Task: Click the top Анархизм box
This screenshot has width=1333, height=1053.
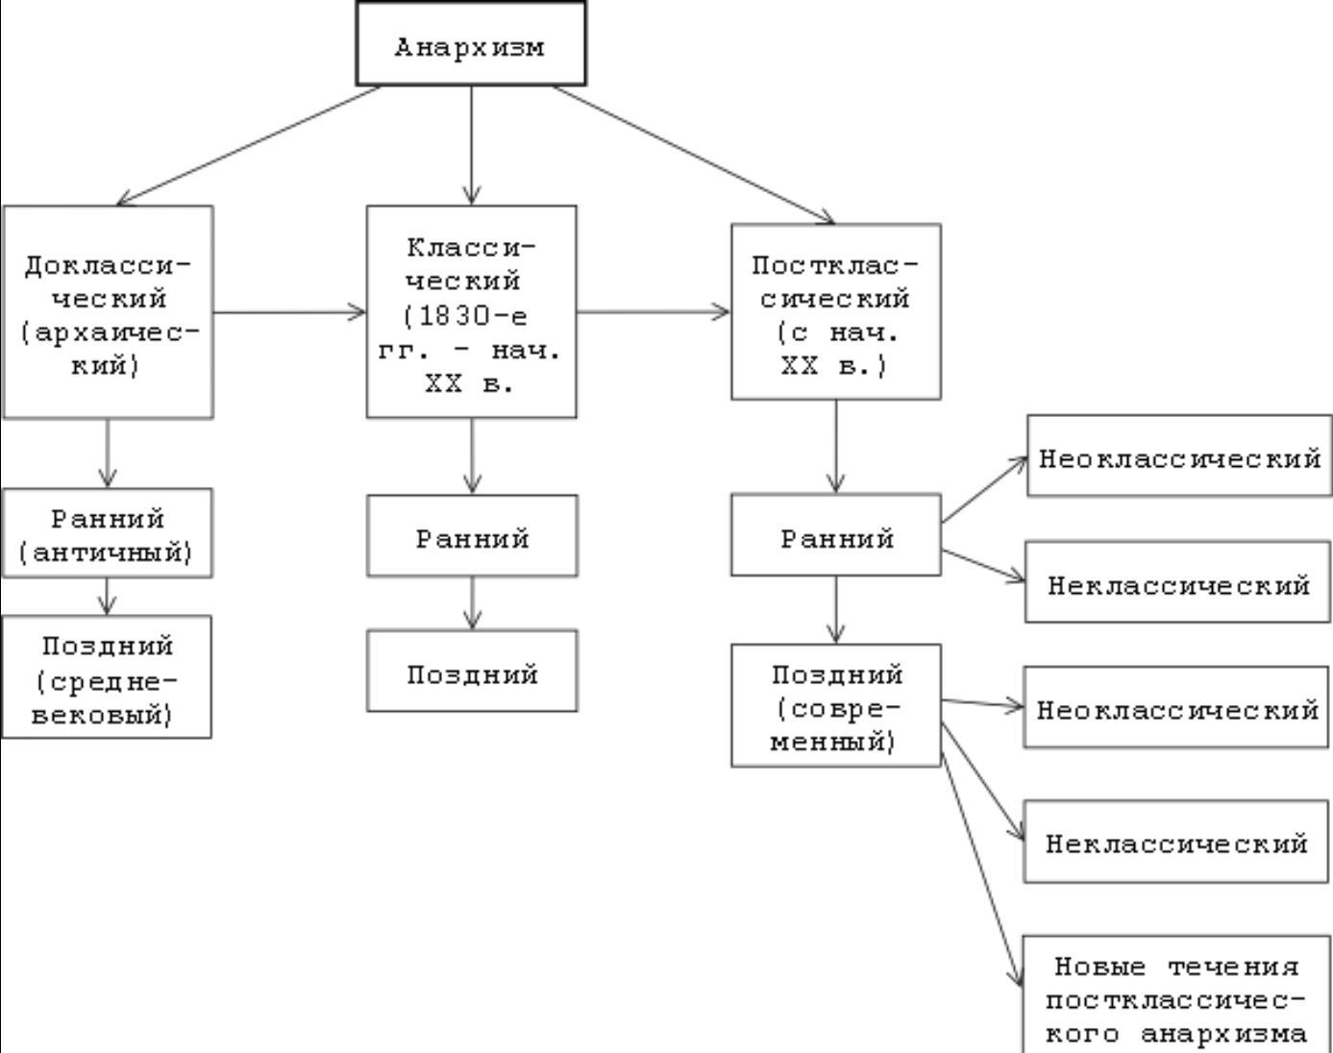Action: coord(471,44)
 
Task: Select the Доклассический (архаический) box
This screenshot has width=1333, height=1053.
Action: coord(108,312)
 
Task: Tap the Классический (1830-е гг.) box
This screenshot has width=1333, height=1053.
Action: coord(471,312)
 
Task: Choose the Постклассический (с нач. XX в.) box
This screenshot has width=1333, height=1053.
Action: coord(835,312)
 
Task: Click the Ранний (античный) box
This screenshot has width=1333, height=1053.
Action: coord(107,533)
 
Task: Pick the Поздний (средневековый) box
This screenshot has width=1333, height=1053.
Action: coord(107,677)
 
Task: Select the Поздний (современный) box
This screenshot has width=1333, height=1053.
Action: coord(835,706)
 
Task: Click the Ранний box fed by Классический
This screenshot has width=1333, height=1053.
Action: coord(471,536)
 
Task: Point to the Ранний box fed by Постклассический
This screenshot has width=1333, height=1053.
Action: coord(835,536)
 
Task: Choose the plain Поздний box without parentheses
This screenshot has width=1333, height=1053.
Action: coord(471,672)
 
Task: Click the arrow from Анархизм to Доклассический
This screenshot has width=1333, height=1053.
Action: coord(248,145)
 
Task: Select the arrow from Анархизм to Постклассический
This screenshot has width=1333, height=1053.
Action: coord(694,155)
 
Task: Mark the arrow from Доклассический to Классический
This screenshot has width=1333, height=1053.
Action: coord(289,311)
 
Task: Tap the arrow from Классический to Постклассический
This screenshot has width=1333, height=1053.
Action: coord(654,311)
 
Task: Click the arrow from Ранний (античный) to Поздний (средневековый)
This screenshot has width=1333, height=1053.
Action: coord(107,596)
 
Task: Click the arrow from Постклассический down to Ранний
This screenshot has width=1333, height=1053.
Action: coord(835,446)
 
